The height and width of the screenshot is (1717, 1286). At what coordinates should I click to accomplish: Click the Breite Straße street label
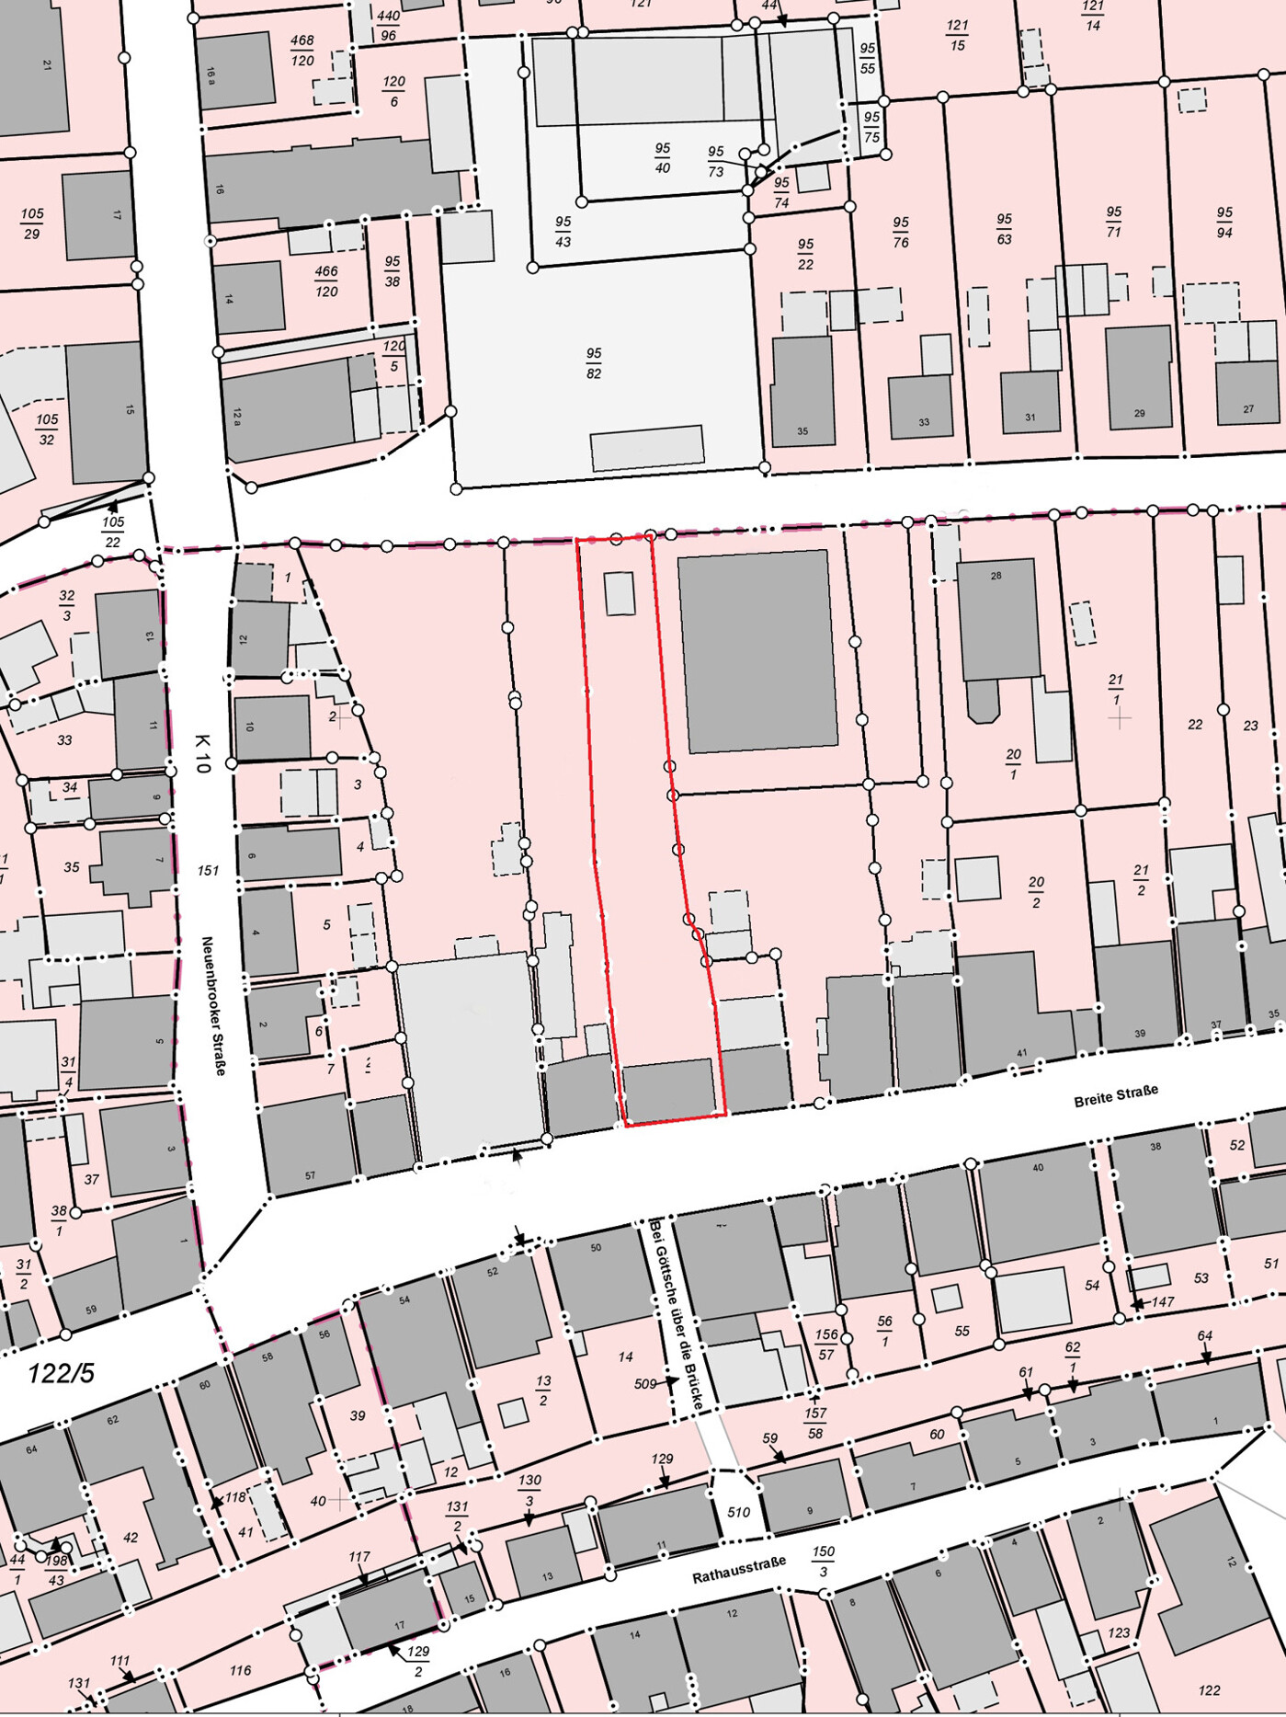coord(1116,1095)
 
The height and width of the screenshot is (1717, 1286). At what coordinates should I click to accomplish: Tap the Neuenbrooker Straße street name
coord(213,1005)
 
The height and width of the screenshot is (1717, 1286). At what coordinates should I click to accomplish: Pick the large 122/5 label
coord(61,1373)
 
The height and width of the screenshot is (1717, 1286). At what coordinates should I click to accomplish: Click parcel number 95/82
coord(594,363)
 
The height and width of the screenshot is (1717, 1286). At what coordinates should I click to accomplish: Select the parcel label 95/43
coord(563,232)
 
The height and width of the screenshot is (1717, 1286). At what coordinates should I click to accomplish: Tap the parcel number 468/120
coord(302,51)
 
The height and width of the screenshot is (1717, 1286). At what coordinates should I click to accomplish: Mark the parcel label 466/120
coord(326,281)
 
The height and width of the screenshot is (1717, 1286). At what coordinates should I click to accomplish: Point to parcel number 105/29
coord(32,223)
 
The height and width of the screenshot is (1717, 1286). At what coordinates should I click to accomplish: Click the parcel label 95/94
coord(1223,223)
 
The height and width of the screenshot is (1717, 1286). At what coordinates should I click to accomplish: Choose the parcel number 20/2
coord(1036,891)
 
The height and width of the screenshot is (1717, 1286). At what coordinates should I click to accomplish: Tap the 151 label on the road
coord(208,870)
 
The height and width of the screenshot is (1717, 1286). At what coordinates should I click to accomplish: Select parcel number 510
coord(738,1511)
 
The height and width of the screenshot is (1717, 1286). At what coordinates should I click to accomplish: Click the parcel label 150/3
coord(823,1561)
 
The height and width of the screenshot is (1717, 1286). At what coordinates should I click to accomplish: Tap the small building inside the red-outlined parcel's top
coord(620,593)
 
